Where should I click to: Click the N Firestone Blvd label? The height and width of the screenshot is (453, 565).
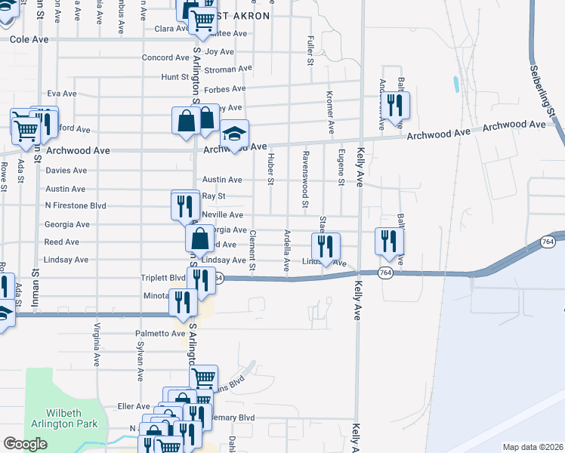[76, 205]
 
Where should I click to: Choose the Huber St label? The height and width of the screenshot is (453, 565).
[270, 168]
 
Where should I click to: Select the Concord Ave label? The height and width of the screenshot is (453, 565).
[165, 57]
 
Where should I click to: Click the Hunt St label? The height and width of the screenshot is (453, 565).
[174, 77]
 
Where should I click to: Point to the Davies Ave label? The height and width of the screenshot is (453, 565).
[66, 171]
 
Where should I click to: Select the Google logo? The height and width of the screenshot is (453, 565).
[26, 444]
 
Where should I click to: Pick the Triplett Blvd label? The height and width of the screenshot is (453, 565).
[163, 278]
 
